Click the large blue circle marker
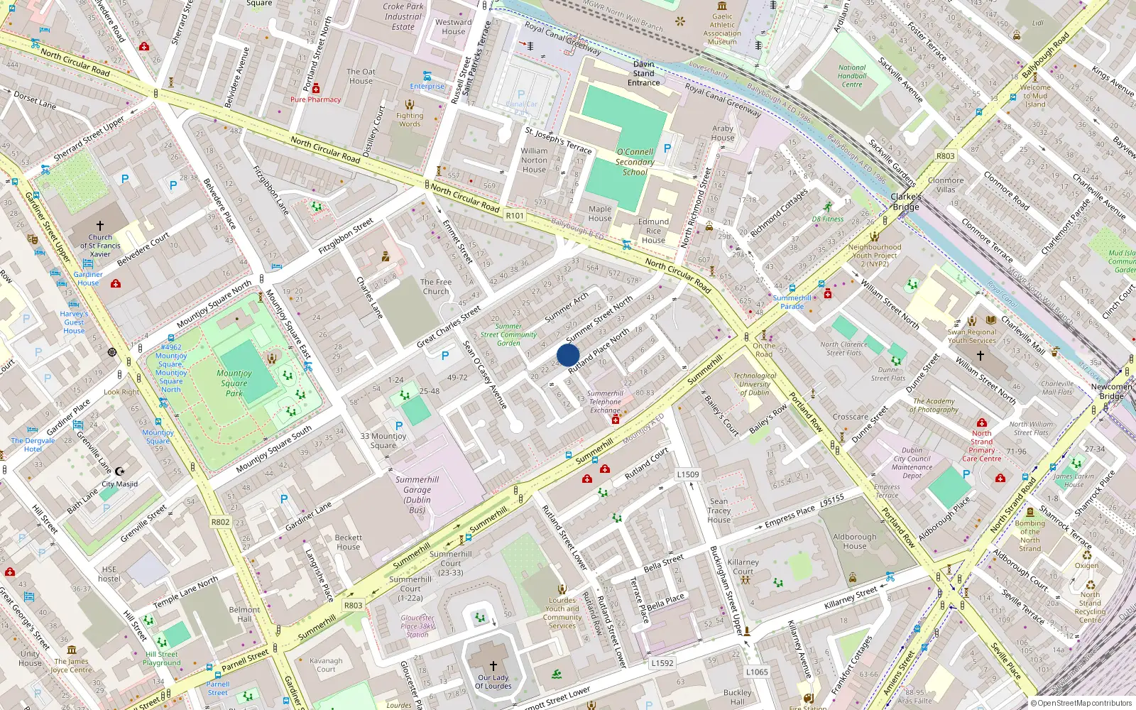pyautogui.click(x=568, y=355)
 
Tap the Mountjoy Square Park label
pyautogui.click(x=234, y=383)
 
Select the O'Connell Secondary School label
pyautogui.click(x=635, y=162)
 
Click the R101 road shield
pyautogui.click(x=515, y=215)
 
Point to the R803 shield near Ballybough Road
pyautogui.click(x=945, y=156)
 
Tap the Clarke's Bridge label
pyautogui.click(x=906, y=202)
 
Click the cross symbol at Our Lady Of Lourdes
pyautogui.click(x=493, y=666)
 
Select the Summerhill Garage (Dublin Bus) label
pyautogui.click(x=417, y=494)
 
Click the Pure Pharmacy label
pyautogui.click(x=315, y=99)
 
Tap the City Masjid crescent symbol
pyautogui.click(x=119, y=471)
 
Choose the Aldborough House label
pyautogui.click(x=855, y=541)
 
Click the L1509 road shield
pyautogui.click(x=687, y=474)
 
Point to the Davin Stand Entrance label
pyautogui.click(x=643, y=73)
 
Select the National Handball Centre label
pyautogui.click(x=852, y=76)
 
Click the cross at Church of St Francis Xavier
pyautogui.click(x=99, y=226)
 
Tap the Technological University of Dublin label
pyautogui.click(x=755, y=384)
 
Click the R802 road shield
pyautogui.click(x=220, y=522)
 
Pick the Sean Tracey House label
pyautogui.click(x=719, y=510)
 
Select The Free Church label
pyautogui.click(x=435, y=286)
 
